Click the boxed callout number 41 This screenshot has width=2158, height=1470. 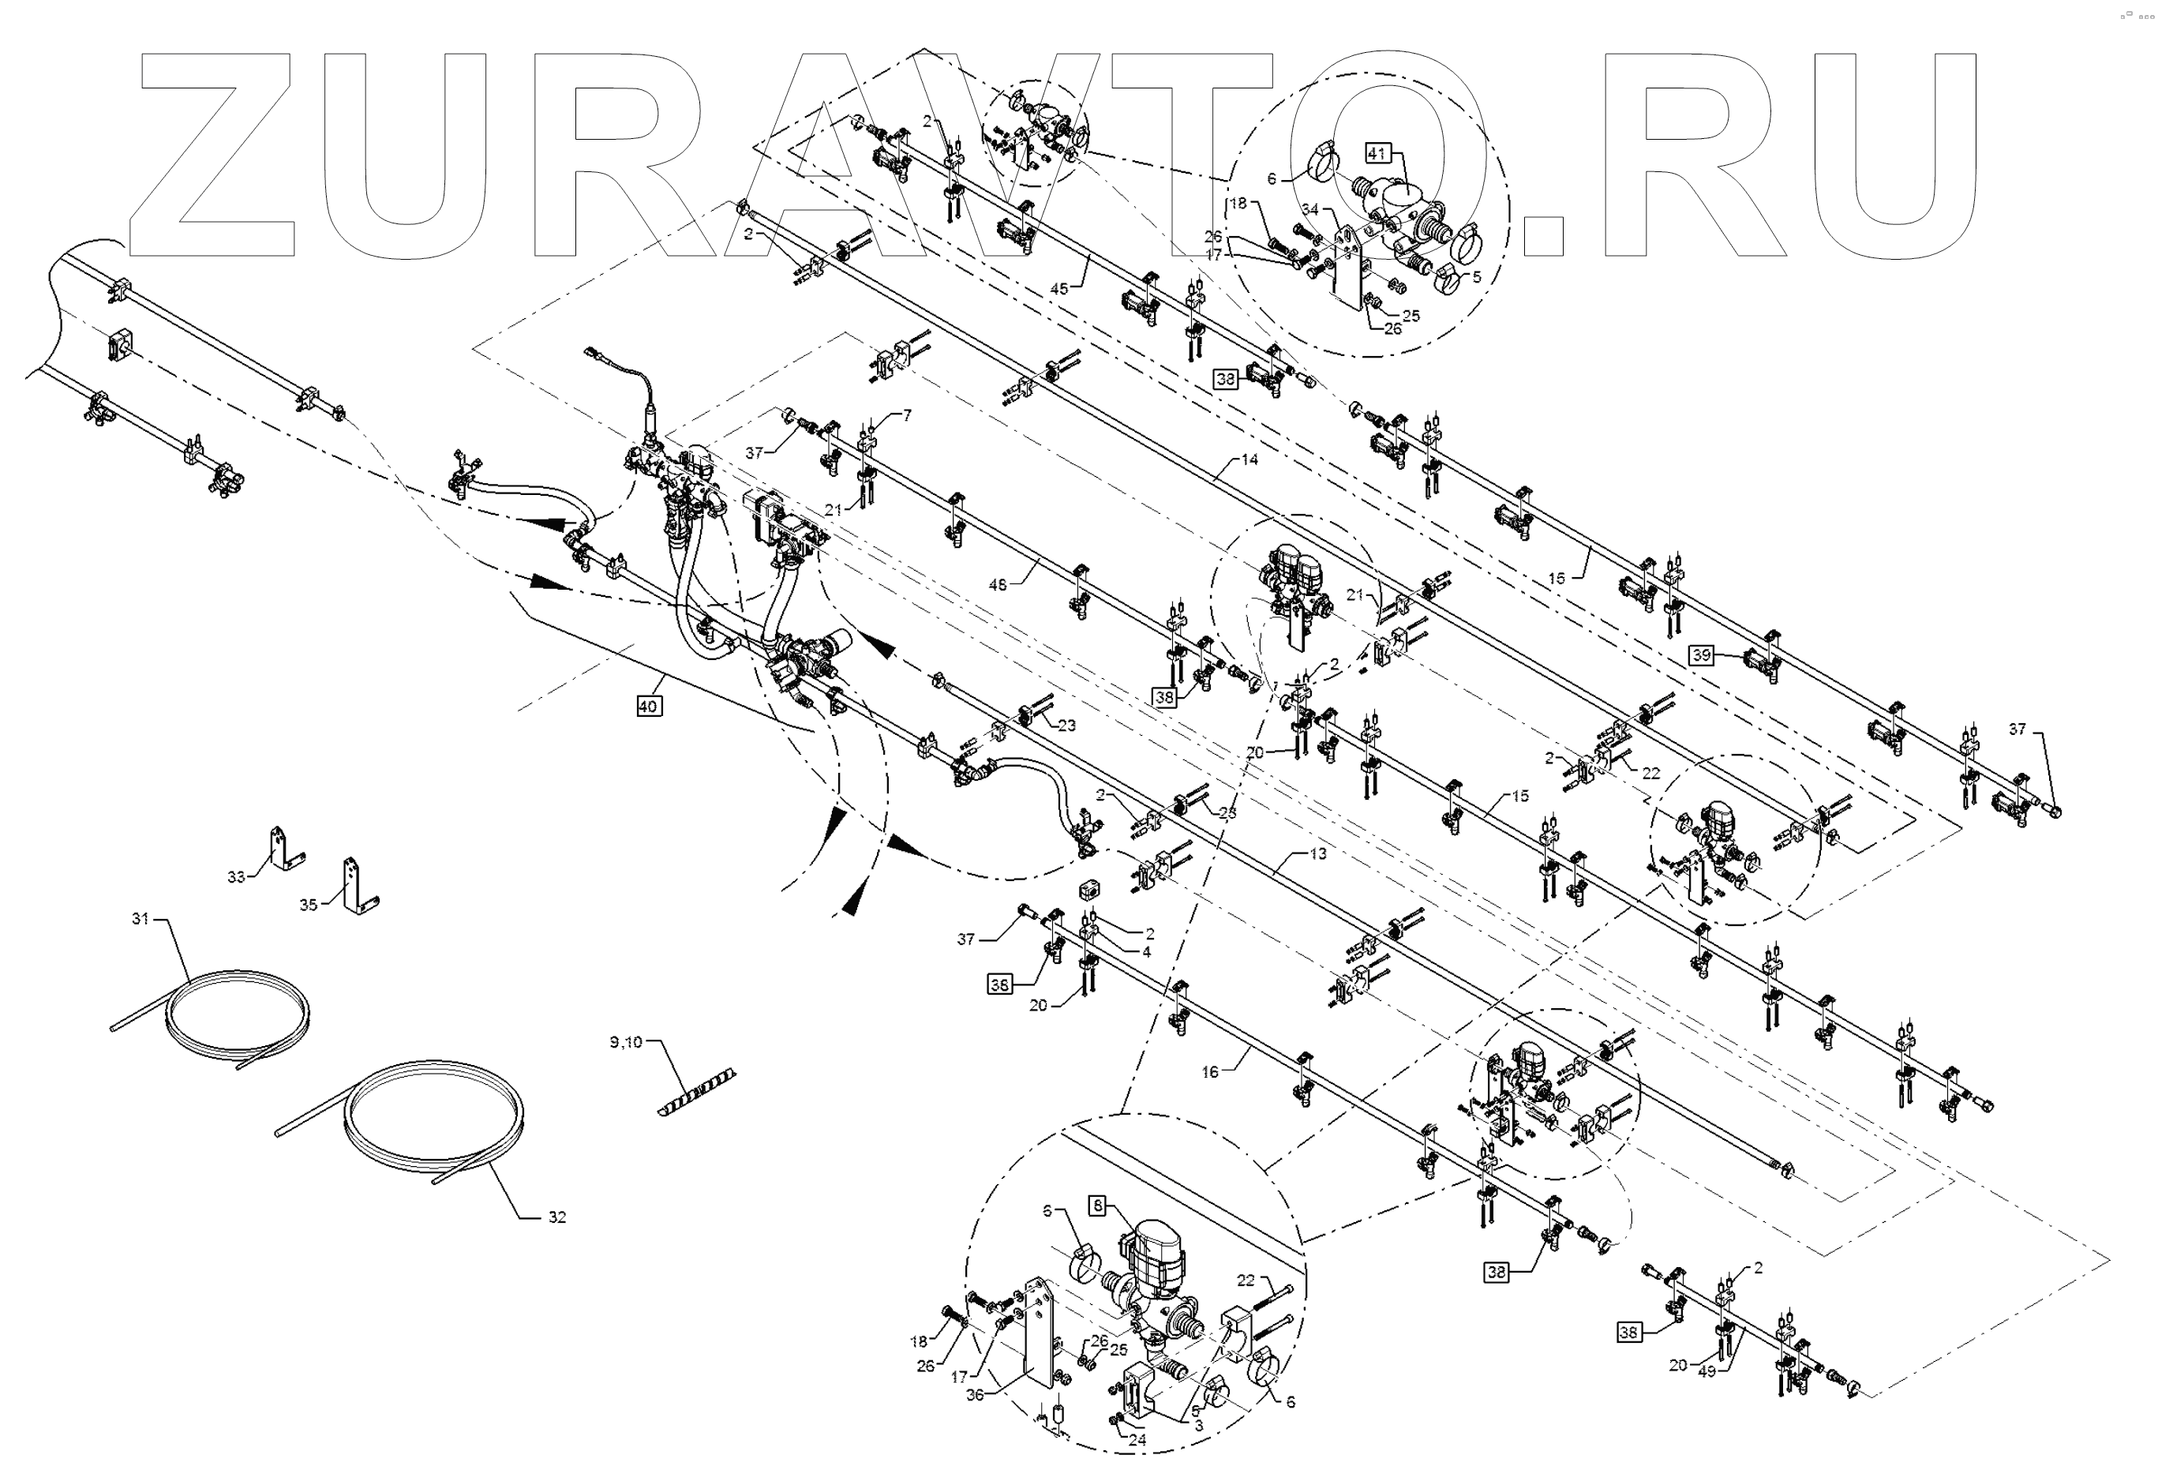coord(1376,153)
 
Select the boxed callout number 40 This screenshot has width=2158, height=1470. coord(648,706)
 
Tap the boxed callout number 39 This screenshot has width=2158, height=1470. coord(1700,654)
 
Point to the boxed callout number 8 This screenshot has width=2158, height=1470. coord(1098,1206)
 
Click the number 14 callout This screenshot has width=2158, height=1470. coord(1249,459)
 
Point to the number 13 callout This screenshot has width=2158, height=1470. coord(1317,853)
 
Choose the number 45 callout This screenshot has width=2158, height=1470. coord(1059,289)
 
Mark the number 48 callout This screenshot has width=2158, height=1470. coord(997,585)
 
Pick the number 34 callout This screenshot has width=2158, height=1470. coord(1309,210)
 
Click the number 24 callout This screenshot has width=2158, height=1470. coord(1137,1440)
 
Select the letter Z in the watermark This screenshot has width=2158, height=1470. coord(214,153)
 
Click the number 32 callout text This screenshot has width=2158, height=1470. coord(556,1217)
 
